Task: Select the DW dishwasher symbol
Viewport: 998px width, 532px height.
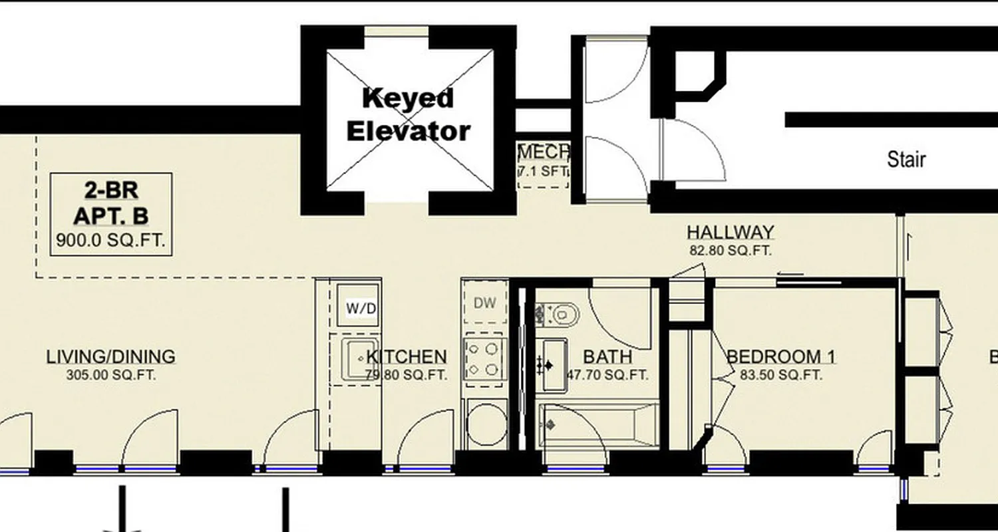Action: click(485, 303)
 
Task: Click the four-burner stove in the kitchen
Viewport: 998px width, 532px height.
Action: click(485, 358)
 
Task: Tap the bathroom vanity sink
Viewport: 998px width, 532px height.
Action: click(552, 364)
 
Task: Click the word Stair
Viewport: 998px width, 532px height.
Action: click(906, 160)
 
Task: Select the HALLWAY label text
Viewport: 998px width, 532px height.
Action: click(731, 233)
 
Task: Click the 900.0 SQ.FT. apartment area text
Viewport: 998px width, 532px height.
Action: click(110, 241)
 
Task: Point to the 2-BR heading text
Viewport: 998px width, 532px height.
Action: click(111, 191)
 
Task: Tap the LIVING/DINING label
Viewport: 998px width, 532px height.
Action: click(111, 357)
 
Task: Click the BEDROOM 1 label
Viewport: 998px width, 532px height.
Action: click(781, 357)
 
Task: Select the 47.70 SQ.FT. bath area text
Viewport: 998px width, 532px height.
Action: click(607, 375)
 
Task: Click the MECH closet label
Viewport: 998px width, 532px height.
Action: click(543, 152)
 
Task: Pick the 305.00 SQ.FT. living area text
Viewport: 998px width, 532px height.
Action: click(111, 375)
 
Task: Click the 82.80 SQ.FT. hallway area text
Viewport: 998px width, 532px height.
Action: click(730, 251)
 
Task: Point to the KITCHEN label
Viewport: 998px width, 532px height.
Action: click(407, 357)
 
